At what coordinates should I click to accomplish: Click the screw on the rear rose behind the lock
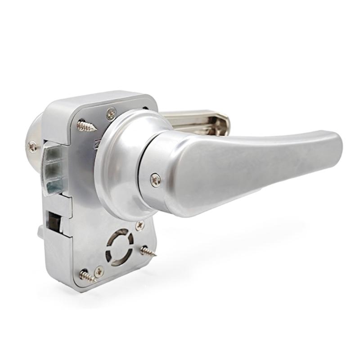click(x=32, y=145)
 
